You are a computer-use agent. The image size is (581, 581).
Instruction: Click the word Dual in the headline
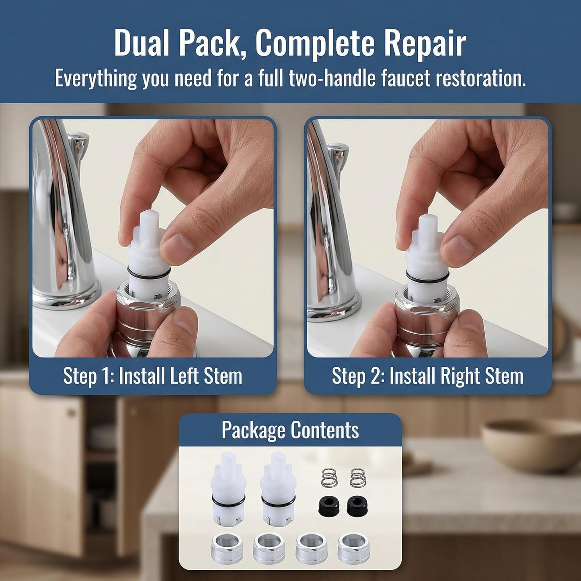tap(144, 44)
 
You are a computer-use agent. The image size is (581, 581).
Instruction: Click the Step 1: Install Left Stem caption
tap(152, 376)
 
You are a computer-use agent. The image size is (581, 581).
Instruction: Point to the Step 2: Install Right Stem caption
tap(427, 376)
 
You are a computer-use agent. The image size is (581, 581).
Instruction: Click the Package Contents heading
tap(290, 430)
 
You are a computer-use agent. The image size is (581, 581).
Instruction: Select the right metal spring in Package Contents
tap(358, 478)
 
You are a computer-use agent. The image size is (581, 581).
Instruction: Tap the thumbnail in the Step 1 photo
tap(177, 244)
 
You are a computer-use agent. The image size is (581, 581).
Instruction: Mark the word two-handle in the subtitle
tap(332, 78)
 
